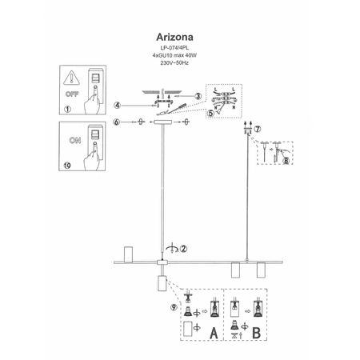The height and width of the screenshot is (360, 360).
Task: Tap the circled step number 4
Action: (117, 104)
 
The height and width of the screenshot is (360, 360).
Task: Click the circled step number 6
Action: (117, 122)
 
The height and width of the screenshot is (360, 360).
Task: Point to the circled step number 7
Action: (257, 129)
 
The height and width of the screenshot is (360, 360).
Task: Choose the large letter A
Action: (213, 331)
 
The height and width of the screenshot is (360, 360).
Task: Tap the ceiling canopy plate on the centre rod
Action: (162, 122)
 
